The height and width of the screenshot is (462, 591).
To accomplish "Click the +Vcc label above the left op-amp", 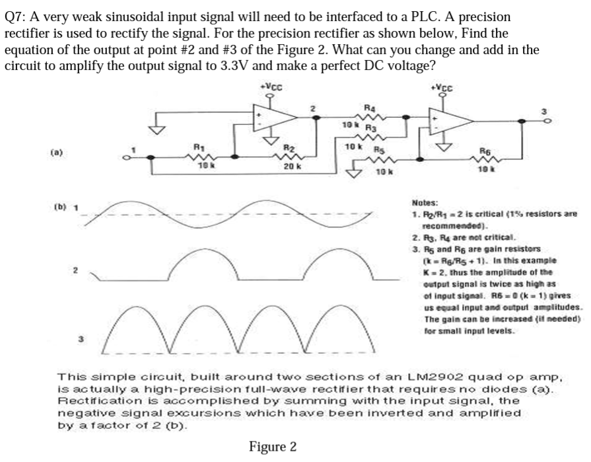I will tap(269, 87).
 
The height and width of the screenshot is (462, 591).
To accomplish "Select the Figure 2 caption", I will tap(272, 447).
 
